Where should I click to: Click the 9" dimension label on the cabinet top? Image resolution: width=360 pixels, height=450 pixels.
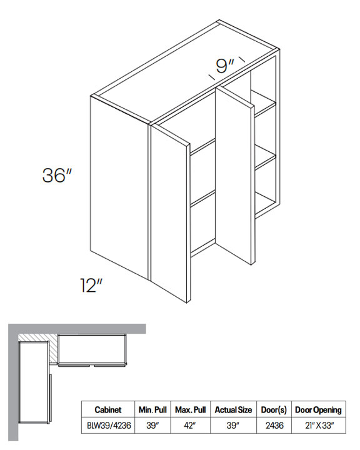pyautogui.click(x=225, y=66)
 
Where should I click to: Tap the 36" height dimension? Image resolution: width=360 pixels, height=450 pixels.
pyautogui.click(x=56, y=175)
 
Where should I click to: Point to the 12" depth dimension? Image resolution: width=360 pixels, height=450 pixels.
pyautogui.click(x=91, y=285)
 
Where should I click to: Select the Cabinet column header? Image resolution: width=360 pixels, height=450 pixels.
pyautogui.click(x=108, y=409)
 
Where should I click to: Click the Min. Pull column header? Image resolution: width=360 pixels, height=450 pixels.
pyautogui.click(x=152, y=409)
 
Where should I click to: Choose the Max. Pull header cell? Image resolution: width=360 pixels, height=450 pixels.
pyautogui.click(x=191, y=409)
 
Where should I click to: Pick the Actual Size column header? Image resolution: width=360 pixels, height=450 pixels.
pyautogui.click(x=233, y=409)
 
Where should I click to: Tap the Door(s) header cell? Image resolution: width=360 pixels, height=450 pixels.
pyautogui.click(x=274, y=410)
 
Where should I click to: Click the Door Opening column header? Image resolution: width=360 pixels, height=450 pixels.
pyautogui.click(x=318, y=410)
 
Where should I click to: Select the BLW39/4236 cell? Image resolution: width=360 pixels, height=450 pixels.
pyautogui.click(x=109, y=425)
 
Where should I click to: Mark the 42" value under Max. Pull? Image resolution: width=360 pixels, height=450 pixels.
pyautogui.click(x=190, y=425)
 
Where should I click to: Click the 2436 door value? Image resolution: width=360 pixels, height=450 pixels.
pyautogui.click(x=274, y=425)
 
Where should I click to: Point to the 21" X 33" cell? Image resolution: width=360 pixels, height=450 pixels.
pyautogui.click(x=319, y=425)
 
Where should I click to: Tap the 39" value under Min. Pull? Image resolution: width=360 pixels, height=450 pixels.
pyautogui.click(x=152, y=425)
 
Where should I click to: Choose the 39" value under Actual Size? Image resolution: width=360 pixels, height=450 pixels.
pyautogui.click(x=232, y=425)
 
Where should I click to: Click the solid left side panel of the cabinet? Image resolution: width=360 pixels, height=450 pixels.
pyautogui.click(x=119, y=186)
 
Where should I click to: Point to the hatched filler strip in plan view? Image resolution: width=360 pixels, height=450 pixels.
pyautogui.click(x=52, y=351)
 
